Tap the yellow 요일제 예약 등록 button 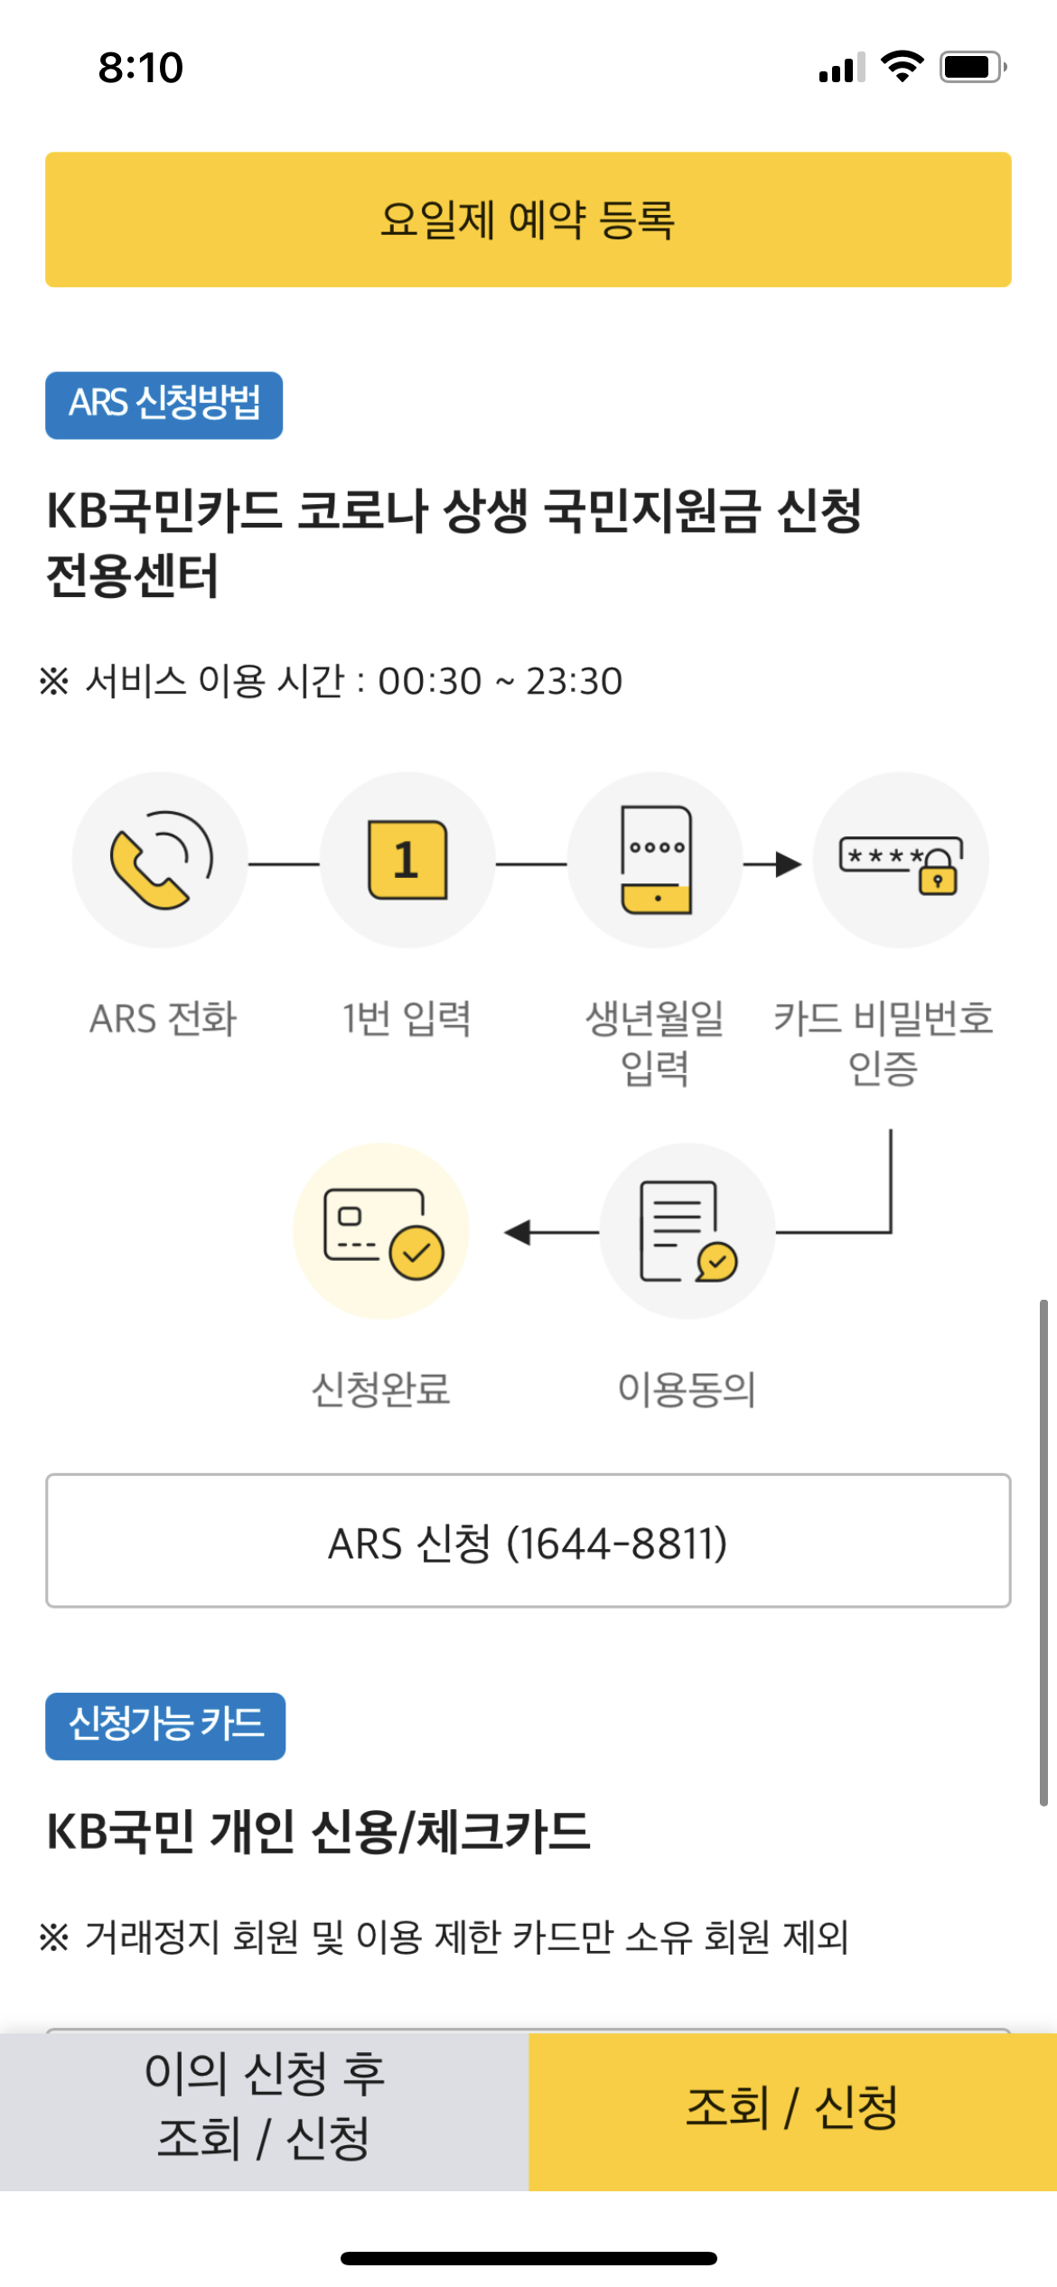(x=528, y=219)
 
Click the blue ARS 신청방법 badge (x=164, y=405)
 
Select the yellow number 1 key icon (x=407, y=860)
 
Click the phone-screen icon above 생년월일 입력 (x=656, y=860)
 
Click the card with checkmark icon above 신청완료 (x=382, y=1232)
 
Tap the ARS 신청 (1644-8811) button (x=528, y=1541)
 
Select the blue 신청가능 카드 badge (x=165, y=1726)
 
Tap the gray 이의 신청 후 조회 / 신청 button (x=264, y=2112)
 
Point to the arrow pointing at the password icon (x=774, y=864)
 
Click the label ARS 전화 (x=163, y=1019)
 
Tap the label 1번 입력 (x=407, y=1019)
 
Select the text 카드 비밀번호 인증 (x=883, y=1043)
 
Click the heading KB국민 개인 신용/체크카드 (x=318, y=1832)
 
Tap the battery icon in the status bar (x=972, y=68)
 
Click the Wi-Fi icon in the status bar (x=902, y=67)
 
